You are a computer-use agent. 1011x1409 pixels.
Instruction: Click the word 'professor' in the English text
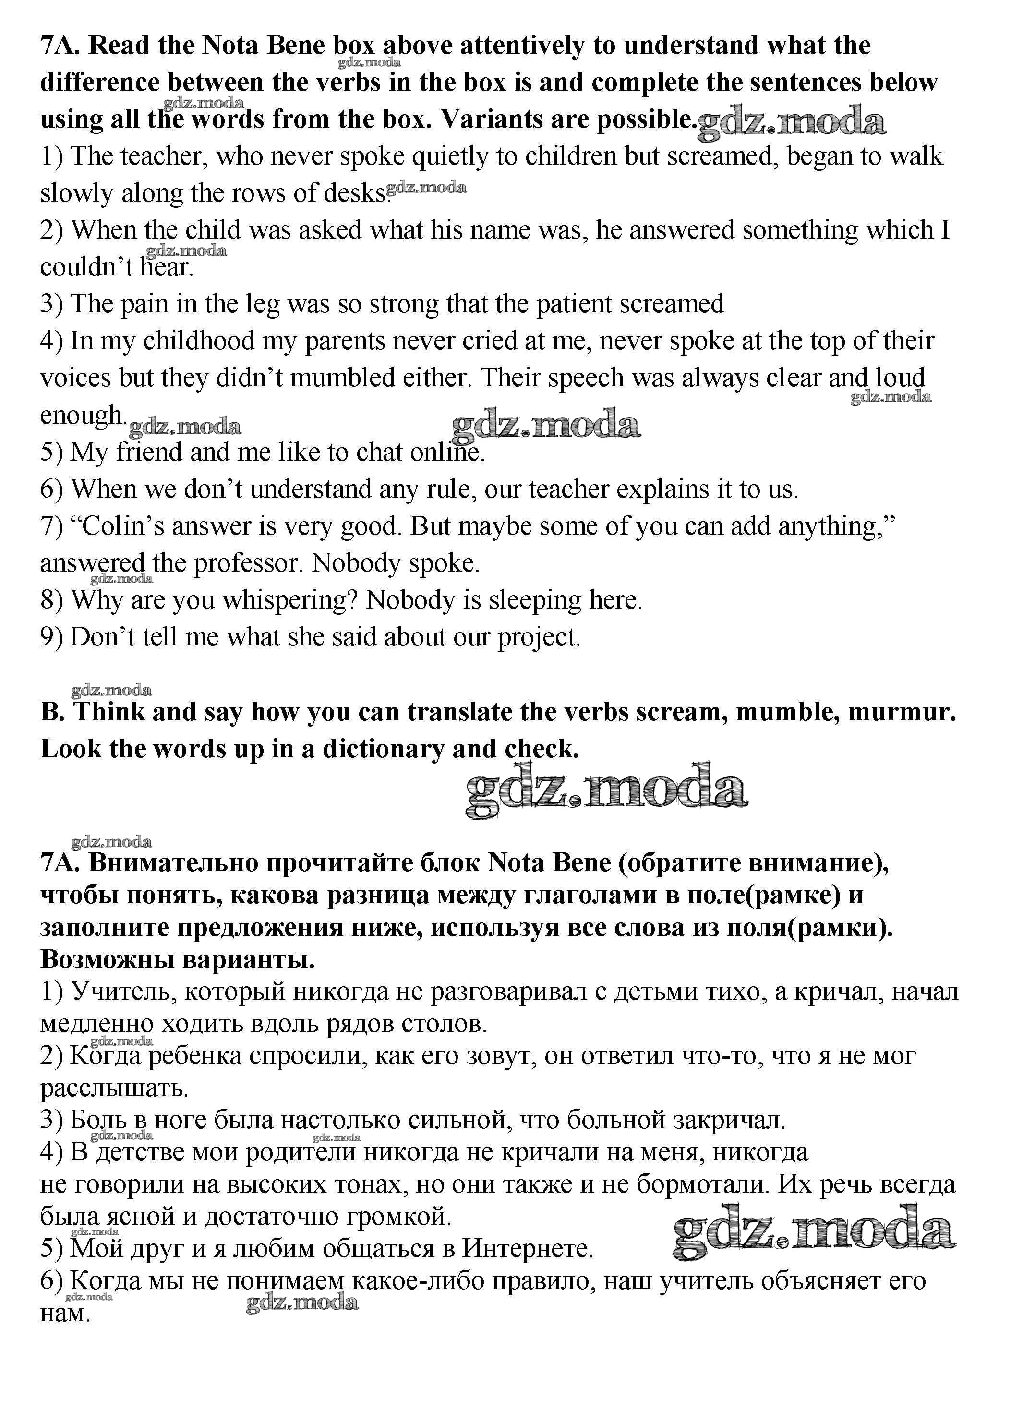tap(249, 563)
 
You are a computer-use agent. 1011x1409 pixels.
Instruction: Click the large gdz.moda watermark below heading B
tap(606, 789)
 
